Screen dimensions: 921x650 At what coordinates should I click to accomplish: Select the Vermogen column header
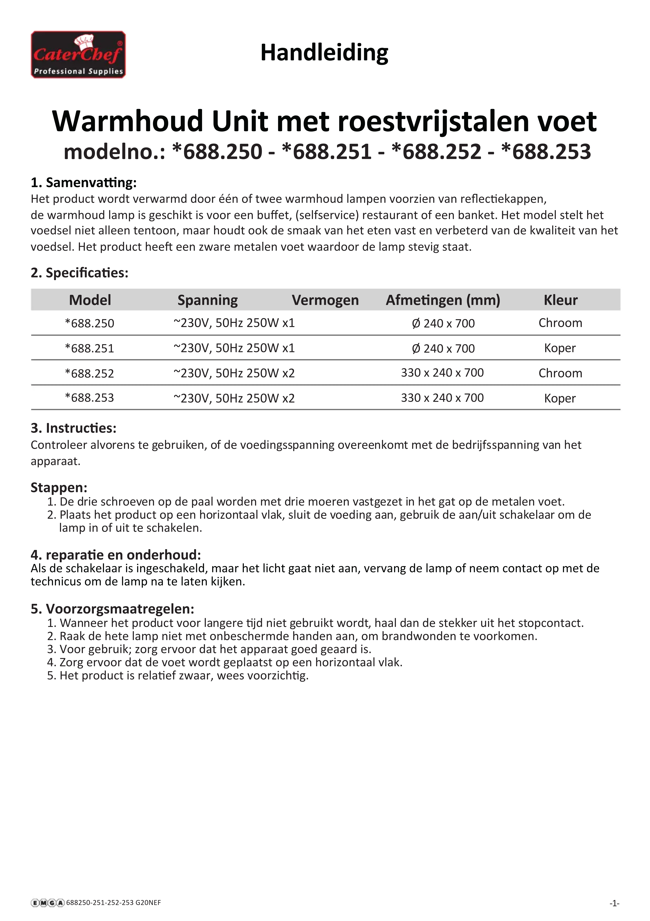325,300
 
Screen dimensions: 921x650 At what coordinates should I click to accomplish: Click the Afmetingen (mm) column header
443,300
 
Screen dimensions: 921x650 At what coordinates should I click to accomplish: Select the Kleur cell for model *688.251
560,348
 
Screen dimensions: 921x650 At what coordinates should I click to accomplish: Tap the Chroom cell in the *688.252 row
560,373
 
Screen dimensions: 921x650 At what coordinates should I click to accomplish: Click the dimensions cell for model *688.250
443,323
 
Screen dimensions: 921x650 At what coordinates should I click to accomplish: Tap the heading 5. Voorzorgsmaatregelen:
113,609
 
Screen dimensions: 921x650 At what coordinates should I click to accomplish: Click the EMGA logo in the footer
47,903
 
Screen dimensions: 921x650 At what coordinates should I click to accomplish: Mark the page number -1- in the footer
614,903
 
